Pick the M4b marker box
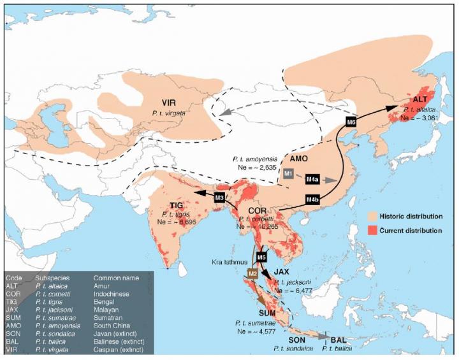point(313,200)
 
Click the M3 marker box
point(220,197)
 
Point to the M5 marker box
point(261,257)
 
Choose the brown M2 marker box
point(252,273)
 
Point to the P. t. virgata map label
point(168,112)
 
